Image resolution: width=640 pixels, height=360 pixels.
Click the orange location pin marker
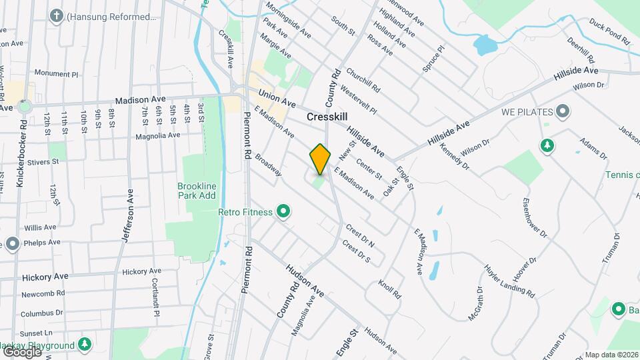pyautogui.click(x=320, y=159)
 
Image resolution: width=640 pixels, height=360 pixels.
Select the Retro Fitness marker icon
pyautogui.click(x=283, y=212)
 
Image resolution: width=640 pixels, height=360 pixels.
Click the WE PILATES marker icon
pyautogui.click(x=563, y=111)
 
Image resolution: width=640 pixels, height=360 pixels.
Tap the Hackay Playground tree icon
pyautogui.click(x=84, y=345)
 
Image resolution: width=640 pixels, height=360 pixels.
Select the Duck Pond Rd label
pyautogui.click(x=609, y=31)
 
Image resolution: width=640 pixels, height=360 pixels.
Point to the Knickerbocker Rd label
pyautogui.click(x=22, y=153)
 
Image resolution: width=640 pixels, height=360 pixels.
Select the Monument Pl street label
pyautogui.click(x=57, y=73)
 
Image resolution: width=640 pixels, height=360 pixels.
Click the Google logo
pyautogui.click(x=21, y=351)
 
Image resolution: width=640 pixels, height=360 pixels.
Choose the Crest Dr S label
pyautogui.click(x=356, y=251)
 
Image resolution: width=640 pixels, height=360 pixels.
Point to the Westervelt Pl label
pyautogui.click(x=358, y=99)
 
